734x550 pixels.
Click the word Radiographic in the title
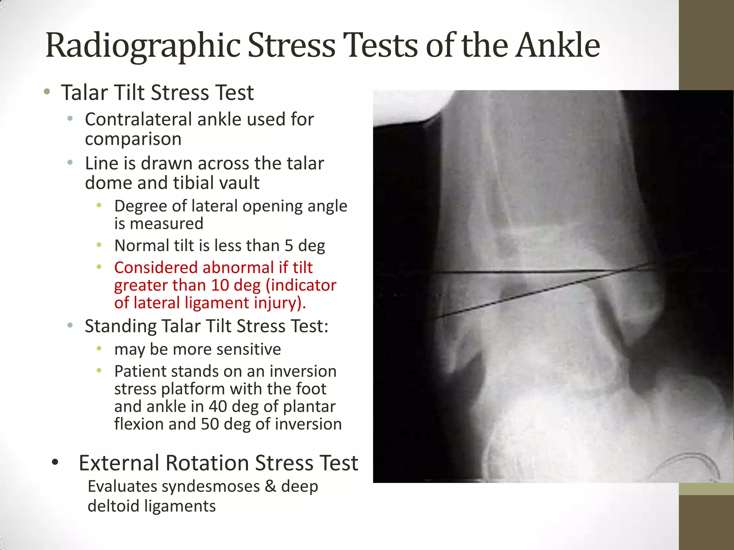[143, 46]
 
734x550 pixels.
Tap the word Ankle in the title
[557, 46]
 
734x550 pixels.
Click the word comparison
[133, 139]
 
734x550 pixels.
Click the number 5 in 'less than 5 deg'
[289, 246]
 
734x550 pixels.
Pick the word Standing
[120, 326]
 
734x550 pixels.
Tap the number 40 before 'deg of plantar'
[219, 407]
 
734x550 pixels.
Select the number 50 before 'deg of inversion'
[210, 424]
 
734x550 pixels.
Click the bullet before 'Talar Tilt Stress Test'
[47, 92]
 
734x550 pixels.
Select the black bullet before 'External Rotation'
[54, 462]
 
